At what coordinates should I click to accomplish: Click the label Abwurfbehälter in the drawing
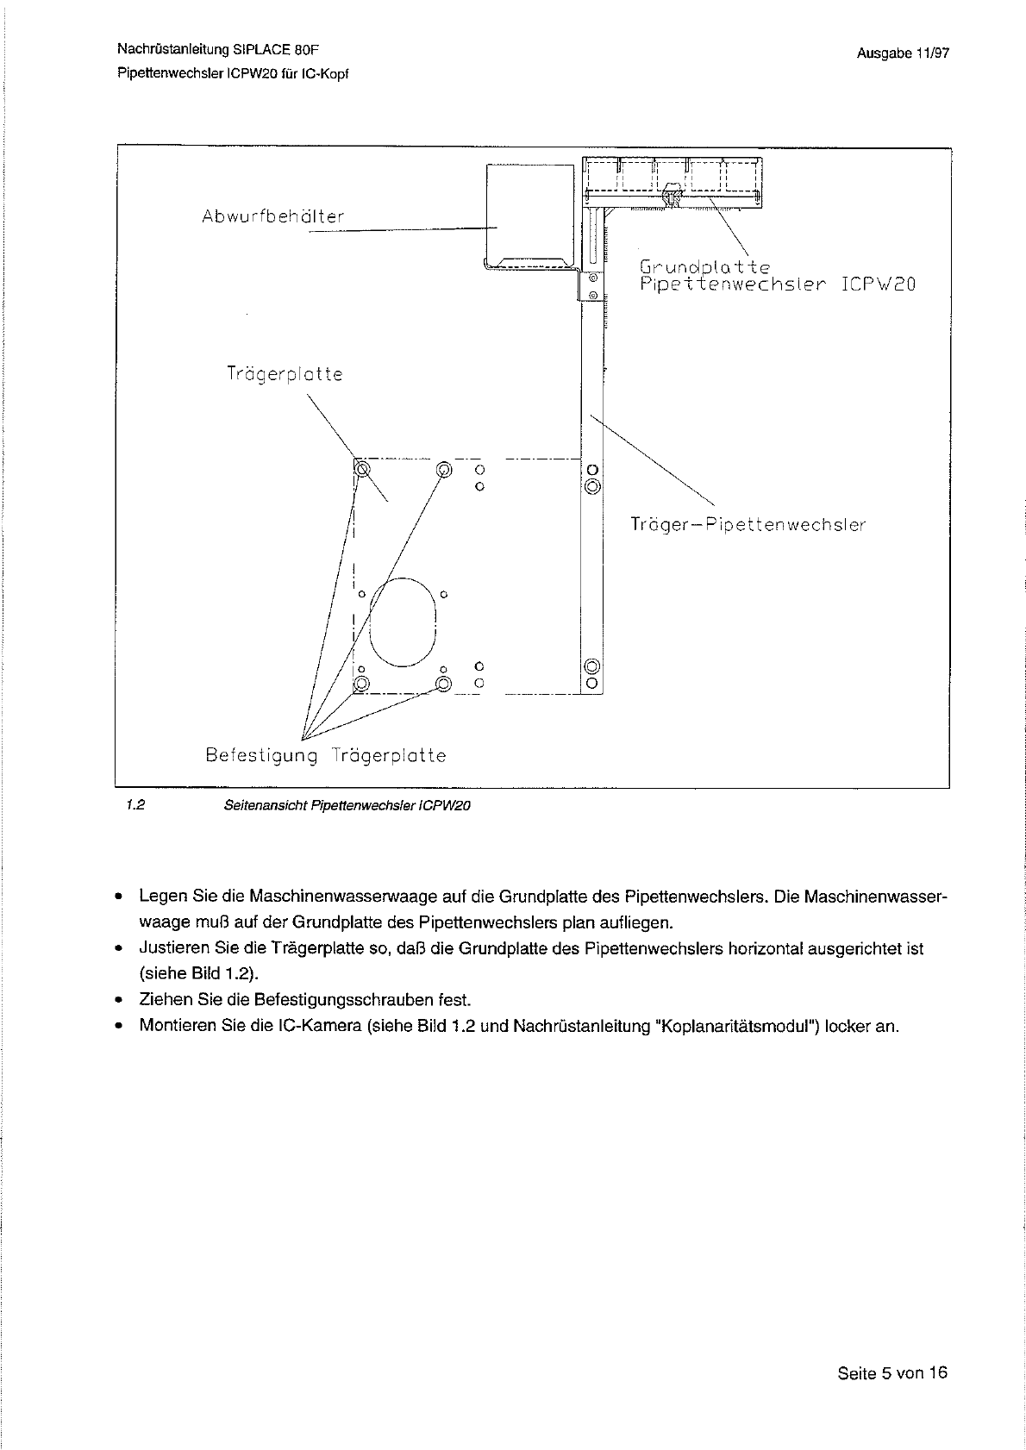coord(272,216)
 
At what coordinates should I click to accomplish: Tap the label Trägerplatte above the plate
coord(285,374)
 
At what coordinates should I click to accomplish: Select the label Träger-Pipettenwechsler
coord(748,524)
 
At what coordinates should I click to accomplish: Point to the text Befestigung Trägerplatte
coord(326,756)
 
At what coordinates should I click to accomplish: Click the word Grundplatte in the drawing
coord(704,266)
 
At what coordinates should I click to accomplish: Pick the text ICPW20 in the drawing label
coord(878,284)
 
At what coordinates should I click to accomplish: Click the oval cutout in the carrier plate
coord(403,622)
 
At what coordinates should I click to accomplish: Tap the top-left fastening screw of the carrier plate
coord(362,469)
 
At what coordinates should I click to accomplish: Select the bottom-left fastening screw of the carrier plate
coord(362,684)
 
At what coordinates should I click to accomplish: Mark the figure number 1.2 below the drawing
coord(134,806)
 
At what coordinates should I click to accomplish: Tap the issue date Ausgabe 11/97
coord(903,53)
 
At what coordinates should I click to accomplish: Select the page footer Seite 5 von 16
coord(891,1373)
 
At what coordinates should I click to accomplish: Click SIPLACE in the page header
coord(250,50)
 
